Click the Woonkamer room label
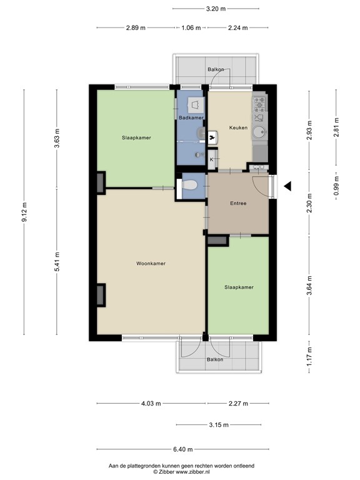click(x=151, y=263)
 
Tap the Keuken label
click(x=238, y=127)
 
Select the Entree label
click(x=238, y=203)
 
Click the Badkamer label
click(x=191, y=117)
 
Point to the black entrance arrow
click(x=287, y=186)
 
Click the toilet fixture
click(x=189, y=185)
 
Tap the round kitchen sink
click(x=259, y=132)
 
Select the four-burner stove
click(x=259, y=104)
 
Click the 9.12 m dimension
click(x=24, y=212)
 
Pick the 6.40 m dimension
click(x=183, y=449)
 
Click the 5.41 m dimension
click(x=57, y=262)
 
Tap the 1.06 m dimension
click(x=191, y=28)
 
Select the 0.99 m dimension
click(x=336, y=186)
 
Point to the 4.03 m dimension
click(x=151, y=404)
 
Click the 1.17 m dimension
click(x=309, y=357)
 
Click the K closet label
click(x=211, y=159)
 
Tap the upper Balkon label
click(x=216, y=69)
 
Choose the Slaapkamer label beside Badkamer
click(x=136, y=137)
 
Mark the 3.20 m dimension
click(x=216, y=9)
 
